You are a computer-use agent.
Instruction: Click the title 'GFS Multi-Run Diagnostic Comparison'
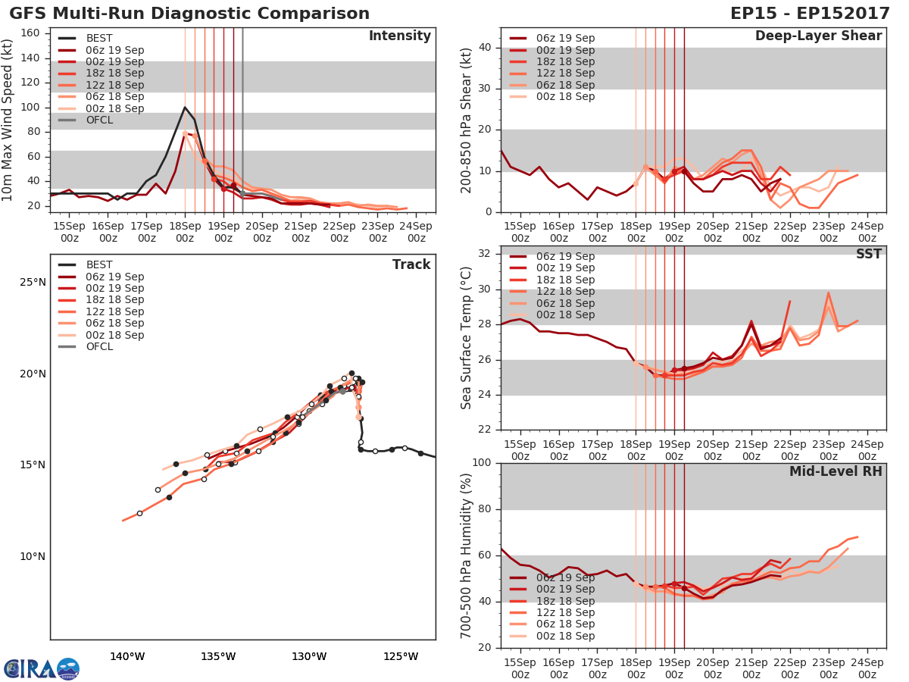189,14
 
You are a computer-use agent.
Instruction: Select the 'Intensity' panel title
399,36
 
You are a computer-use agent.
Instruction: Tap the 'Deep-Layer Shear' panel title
818,36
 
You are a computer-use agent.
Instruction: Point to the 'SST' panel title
868,254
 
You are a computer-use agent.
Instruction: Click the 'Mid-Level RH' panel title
836,471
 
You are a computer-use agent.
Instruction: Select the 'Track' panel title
411,264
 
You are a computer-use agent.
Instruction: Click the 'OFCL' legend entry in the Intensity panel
99,120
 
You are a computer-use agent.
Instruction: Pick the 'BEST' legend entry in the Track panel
99,265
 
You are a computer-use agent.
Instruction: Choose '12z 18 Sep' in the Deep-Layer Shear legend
564,74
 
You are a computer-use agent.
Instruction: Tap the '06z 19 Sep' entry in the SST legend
564,256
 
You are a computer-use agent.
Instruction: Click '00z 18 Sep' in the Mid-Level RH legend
564,637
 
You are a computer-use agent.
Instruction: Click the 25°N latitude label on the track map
32,283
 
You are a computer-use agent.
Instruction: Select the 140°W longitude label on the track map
127,656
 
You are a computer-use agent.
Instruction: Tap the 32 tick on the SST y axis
485,254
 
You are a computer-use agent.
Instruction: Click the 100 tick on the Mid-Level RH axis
482,463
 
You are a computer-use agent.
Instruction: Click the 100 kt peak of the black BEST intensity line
185,107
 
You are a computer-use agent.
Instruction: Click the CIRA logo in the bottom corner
42,668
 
